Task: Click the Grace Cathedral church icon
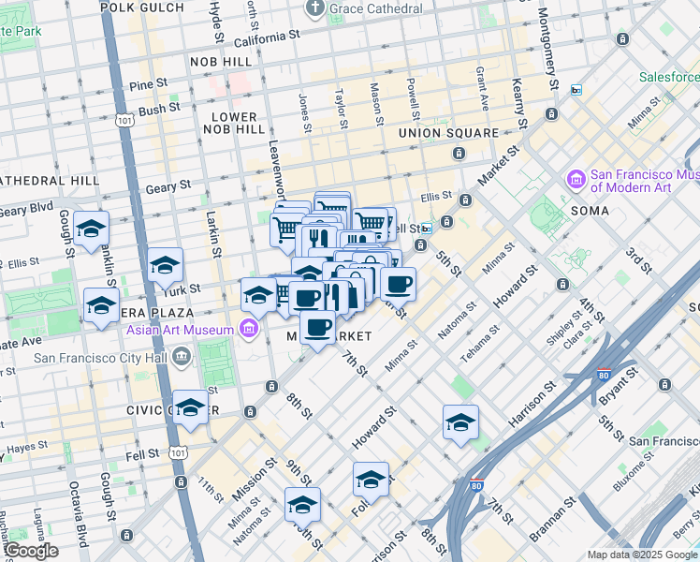(x=315, y=8)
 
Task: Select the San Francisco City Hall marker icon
(x=181, y=356)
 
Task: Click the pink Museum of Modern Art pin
(x=575, y=178)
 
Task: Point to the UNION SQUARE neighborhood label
(x=448, y=133)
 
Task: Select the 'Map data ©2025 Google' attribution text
(x=641, y=555)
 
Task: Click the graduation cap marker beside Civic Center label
(x=190, y=407)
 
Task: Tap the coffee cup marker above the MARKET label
(x=318, y=327)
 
